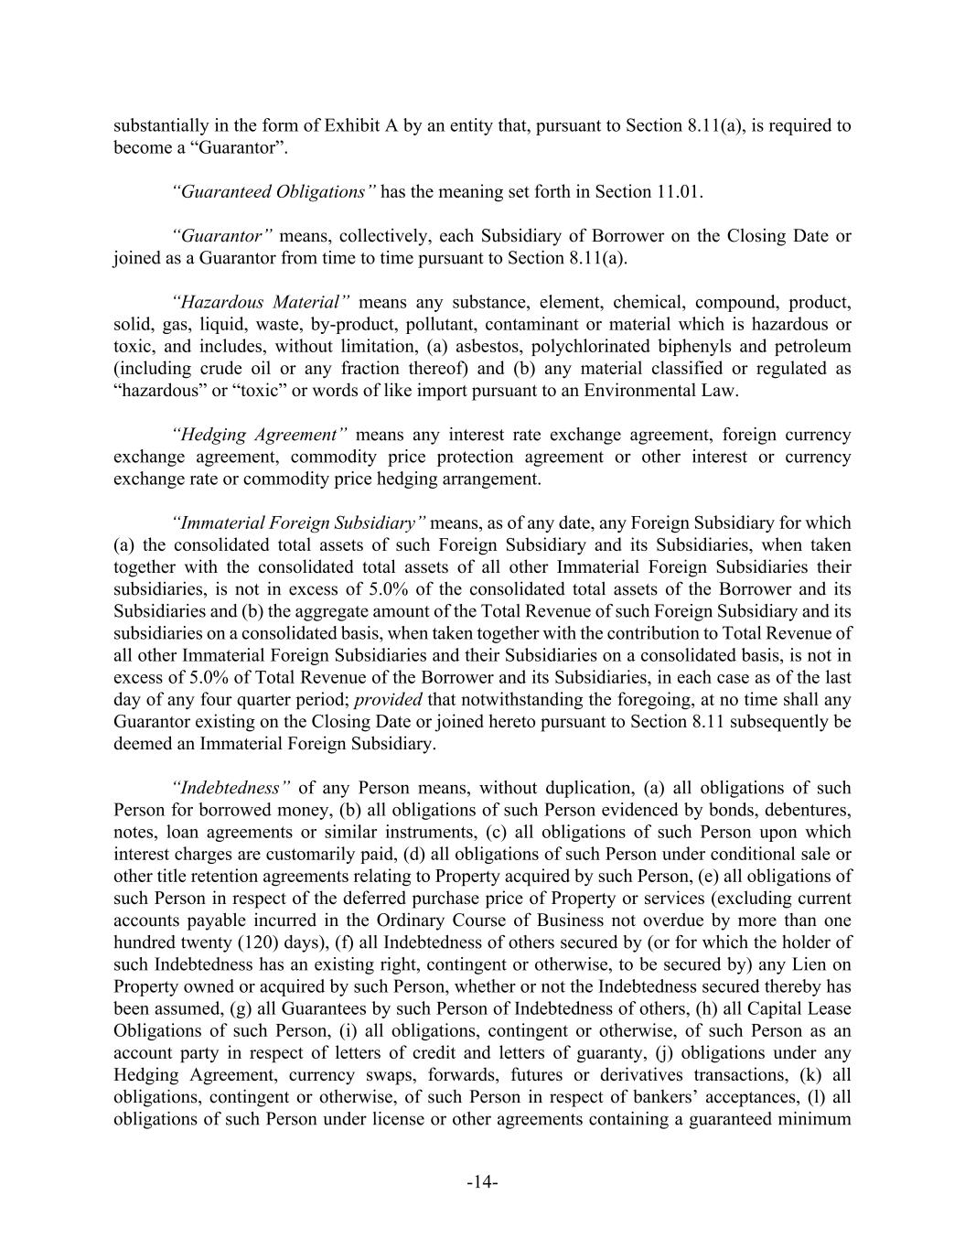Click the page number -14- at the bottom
(x=482, y=1183)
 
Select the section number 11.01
(x=680, y=191)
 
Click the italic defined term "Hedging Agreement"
(x=260, y=435)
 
